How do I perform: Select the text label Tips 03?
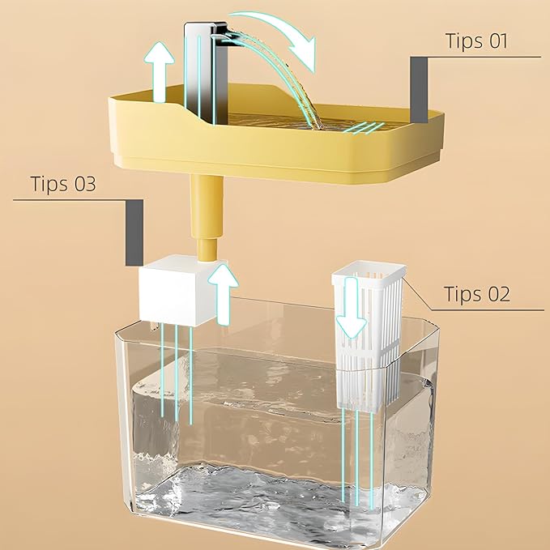(x=63, y=183)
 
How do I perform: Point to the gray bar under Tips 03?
(x=134, y=233)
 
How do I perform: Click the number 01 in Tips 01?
(x=496, y=41)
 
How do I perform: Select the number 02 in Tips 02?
(x=496, y=293)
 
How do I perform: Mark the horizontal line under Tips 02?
(x=486, y=309)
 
